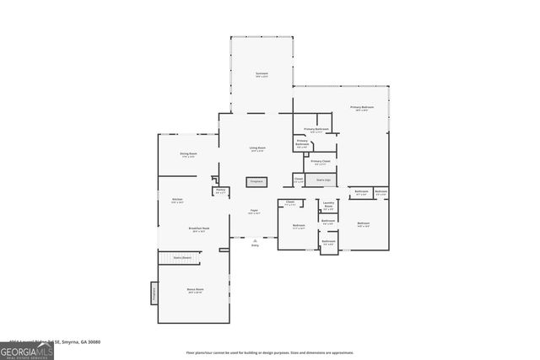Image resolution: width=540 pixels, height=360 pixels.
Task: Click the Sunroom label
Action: tap(262, 75)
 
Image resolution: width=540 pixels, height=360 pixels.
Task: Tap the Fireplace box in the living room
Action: tap(256, 181)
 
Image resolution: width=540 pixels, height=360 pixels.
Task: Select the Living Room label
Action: tap(257, 149)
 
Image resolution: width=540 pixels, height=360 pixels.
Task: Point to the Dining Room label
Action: tap(188, 154)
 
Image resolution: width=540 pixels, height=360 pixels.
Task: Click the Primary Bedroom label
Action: tap(361, 109)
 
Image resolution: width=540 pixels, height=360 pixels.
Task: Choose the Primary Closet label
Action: tap(321, 162)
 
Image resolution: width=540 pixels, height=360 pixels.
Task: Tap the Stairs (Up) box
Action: tap(322, 180)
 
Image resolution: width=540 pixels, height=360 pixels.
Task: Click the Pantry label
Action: tap(220, 191)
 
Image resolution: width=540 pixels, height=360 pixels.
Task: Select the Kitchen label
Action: tap(177, 201)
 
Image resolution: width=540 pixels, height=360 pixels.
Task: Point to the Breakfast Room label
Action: tap(199, 229)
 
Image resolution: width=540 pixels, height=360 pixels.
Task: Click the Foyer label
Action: tap(254, 212)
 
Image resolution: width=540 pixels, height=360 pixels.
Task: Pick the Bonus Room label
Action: tap(195, 291)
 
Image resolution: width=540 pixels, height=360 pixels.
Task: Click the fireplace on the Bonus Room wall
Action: tap(154, 293)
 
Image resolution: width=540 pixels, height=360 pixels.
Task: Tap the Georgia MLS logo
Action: tap(27, 348)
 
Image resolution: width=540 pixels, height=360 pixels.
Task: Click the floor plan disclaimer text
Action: tap(269, 352)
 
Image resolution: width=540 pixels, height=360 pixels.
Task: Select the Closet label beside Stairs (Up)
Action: tap(299, 180)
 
